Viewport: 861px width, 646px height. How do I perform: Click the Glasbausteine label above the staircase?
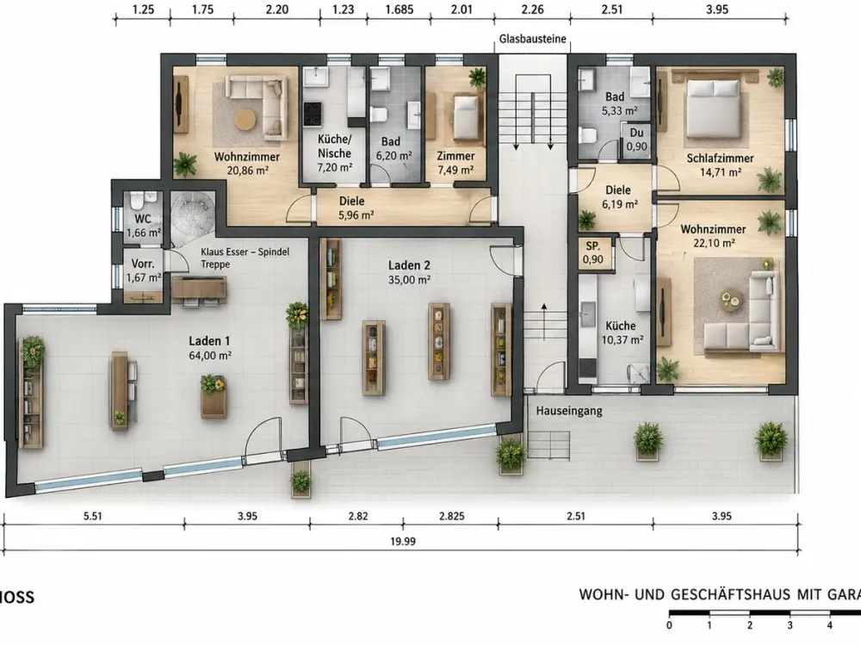532,39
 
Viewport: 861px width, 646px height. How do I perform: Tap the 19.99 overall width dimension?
402,542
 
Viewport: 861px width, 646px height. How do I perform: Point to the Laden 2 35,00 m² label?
408,272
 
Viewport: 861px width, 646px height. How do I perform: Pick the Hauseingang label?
569,411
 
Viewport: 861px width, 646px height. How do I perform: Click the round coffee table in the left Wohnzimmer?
246,119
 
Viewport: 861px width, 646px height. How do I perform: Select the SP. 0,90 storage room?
593,252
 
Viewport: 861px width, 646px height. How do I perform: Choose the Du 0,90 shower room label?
636,140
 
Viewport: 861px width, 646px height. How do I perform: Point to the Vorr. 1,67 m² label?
143,270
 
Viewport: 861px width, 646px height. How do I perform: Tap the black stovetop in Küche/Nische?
313,115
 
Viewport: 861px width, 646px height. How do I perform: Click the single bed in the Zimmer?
465,117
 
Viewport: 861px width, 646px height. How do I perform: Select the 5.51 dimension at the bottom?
93,516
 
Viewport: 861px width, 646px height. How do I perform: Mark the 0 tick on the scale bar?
669,624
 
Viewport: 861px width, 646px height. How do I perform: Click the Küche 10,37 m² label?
623,332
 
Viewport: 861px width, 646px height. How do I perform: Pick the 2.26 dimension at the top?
532,9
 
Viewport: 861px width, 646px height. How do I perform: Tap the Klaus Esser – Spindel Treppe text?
245,258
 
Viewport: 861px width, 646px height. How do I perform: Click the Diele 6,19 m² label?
620,197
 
